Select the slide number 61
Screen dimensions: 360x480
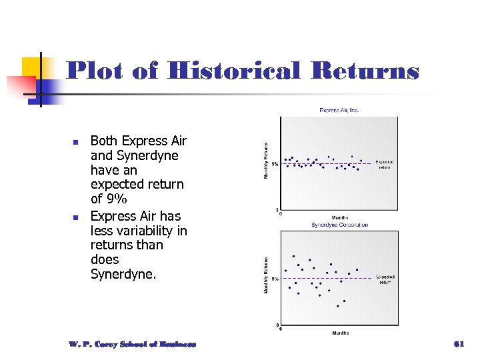[x=458, y=344]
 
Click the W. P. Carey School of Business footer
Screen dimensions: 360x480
[x=132, y=344]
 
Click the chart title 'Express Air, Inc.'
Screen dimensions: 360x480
[x=339, y=110]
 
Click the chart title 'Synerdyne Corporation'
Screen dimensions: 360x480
[x=339, y=225]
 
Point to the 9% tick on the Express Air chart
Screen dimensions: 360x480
[x=275, y=163]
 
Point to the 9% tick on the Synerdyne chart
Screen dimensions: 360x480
[x=275, y=279]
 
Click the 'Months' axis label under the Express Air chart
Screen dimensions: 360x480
[x=339, y=218]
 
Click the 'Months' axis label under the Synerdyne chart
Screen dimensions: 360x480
[x=339, y=333]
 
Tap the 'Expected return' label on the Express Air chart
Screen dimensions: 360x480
[x=385, y=164]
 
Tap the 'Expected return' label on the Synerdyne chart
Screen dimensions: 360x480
[x=385, y=279]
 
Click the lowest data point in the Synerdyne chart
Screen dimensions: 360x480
[x=338, y=306]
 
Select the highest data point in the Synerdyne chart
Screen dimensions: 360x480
[x=294, y=256]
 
